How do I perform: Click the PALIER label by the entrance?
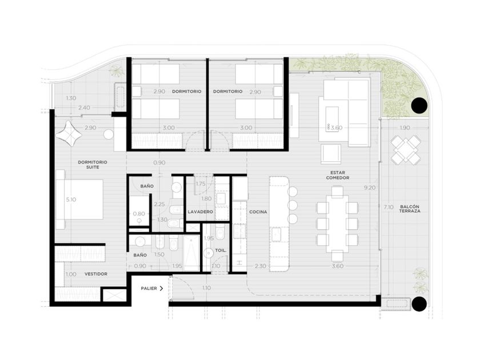[x=149, y=289]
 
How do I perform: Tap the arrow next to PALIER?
[x=161, y=289]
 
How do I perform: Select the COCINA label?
[x=258, y=212]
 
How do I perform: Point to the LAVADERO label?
[x=200, y=212]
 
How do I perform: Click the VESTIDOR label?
[x=96, y=274]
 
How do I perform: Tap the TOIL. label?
[x=221, y=250]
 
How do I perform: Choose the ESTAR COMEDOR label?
[x=338, y=175]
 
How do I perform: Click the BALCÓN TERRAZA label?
[x=409, y=209]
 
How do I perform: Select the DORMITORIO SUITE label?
[x=93, y=165]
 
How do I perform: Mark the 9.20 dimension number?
[x=370, y=187]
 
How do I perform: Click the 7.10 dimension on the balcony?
[x=388, y=207]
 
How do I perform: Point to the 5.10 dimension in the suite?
[x=71, y=199]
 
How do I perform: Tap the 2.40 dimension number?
[x=84, y=108]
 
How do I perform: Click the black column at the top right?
[x=419, y=106]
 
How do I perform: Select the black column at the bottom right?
[x=419, y=304]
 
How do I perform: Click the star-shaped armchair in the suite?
[x=69, y=134]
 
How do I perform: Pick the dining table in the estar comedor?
[x=337, y=223]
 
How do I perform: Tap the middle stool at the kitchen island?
[x=293, y=205]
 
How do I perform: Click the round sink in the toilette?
[x=209, y=253]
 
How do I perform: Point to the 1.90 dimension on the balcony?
[x=405, y=127]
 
